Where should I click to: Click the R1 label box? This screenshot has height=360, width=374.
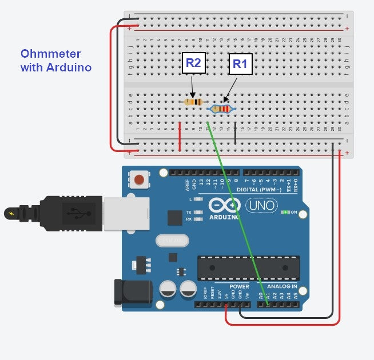pos(240,65)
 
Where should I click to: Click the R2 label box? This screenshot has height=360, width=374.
pos(193,63)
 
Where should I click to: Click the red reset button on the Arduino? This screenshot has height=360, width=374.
pos(138,181)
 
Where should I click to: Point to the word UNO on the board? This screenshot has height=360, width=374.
pos(261,205)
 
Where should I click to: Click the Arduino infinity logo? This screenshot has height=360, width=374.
pos(224,205)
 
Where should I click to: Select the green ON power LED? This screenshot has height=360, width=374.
pos(285,213)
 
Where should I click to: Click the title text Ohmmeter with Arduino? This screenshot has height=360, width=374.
pos(56,61)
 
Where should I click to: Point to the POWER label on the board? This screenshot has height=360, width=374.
pos(239,286)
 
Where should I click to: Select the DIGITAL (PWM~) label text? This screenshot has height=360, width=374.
pos(264,189)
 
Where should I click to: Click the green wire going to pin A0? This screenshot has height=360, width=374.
pos(237,218)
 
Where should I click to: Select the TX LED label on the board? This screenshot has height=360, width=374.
pos(189,213)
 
